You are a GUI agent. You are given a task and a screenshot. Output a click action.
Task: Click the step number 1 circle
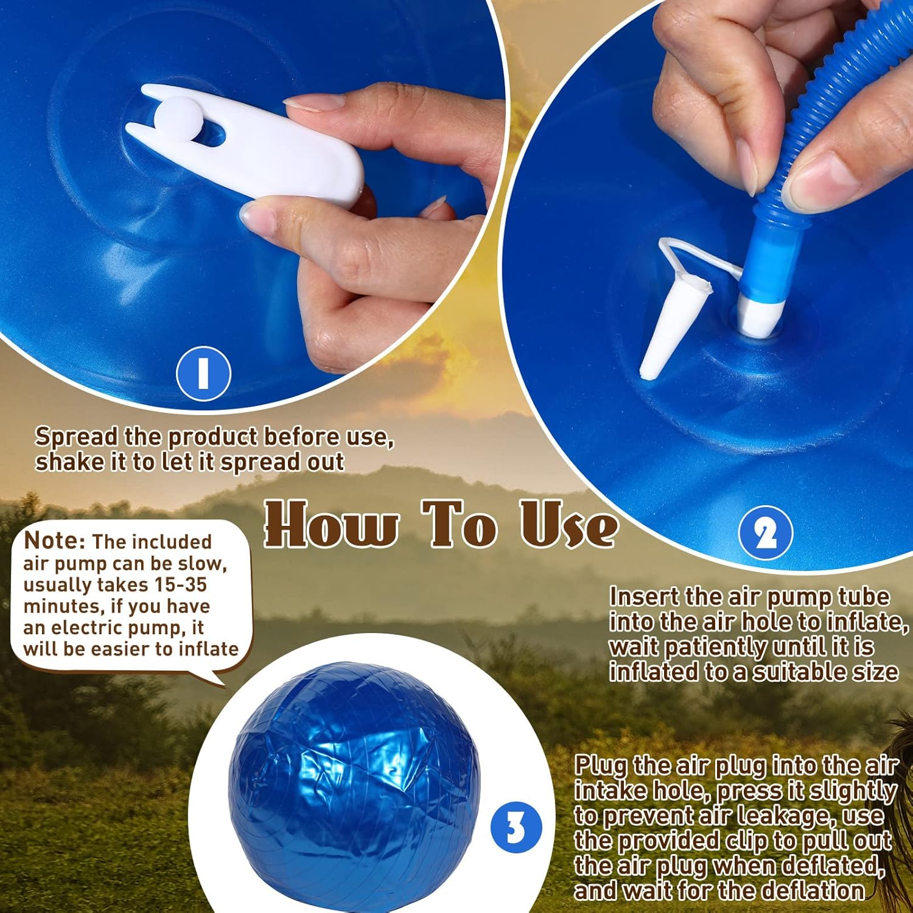203,373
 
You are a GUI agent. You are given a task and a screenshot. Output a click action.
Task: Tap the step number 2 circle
766,534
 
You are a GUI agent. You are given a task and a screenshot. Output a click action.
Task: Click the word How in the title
332,523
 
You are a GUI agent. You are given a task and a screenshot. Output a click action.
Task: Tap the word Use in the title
568,523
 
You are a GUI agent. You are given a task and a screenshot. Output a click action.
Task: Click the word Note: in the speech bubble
55,540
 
